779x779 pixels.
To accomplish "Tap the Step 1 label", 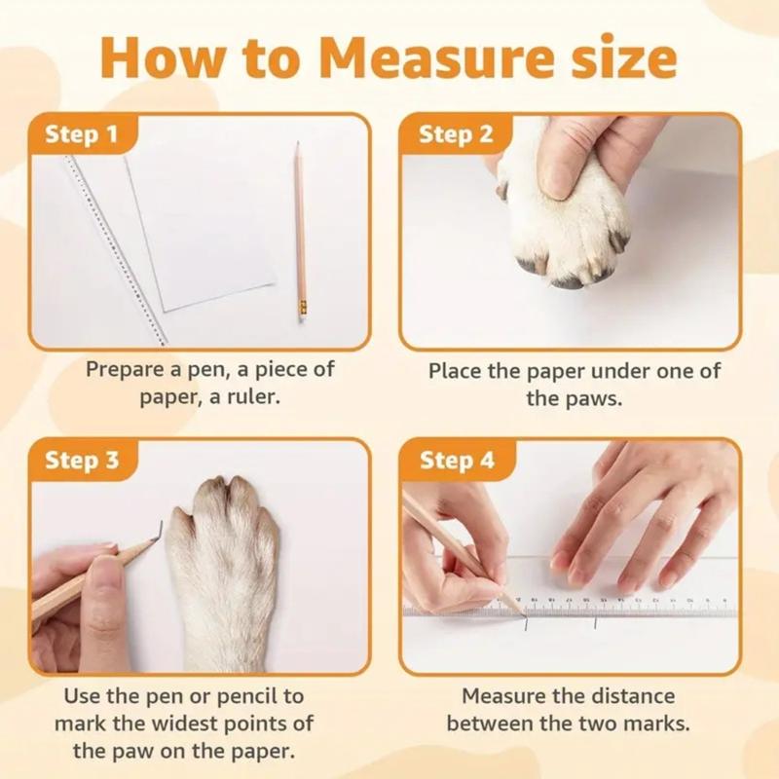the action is pos(82,134).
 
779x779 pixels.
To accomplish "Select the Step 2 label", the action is pos(456,134).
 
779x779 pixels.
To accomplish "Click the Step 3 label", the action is pos(82,460).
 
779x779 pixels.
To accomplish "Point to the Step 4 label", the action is pos(457,460).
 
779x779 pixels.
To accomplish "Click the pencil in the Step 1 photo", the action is pos(301,232).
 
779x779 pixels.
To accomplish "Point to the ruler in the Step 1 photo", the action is pos(115,249).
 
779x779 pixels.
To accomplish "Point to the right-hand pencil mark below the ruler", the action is pos(595,623).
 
